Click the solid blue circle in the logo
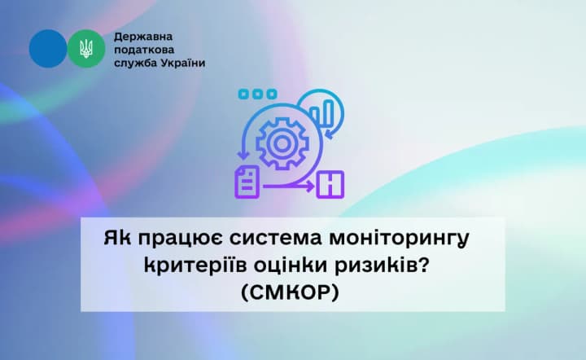47,49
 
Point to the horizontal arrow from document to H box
289,187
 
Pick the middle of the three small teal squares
253,94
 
